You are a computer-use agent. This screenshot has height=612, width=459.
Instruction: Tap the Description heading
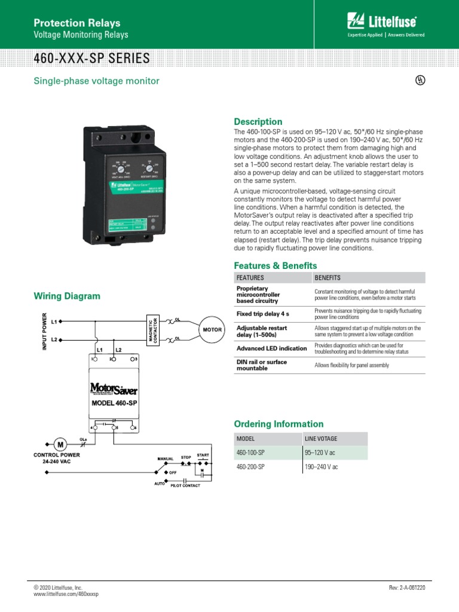click(258, 121)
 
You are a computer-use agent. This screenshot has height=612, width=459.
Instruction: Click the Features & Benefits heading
click(275, 265)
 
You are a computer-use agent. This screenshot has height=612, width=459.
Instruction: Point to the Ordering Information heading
click(279, 424)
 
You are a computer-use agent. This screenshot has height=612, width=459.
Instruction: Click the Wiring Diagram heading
click(67, 296)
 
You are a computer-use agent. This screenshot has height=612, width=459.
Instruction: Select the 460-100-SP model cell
click(251, 453)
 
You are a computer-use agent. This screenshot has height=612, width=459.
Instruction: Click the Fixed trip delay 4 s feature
click(262, 313)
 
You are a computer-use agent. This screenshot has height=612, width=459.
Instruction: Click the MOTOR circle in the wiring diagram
click(212, 329)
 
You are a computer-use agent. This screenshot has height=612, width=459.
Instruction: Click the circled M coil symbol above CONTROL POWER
click(60, 443)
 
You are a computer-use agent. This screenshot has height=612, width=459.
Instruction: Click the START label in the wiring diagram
click(203, 455)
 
